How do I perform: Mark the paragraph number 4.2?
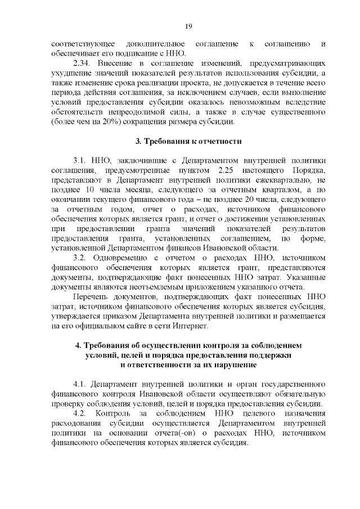tap(82, 415)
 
